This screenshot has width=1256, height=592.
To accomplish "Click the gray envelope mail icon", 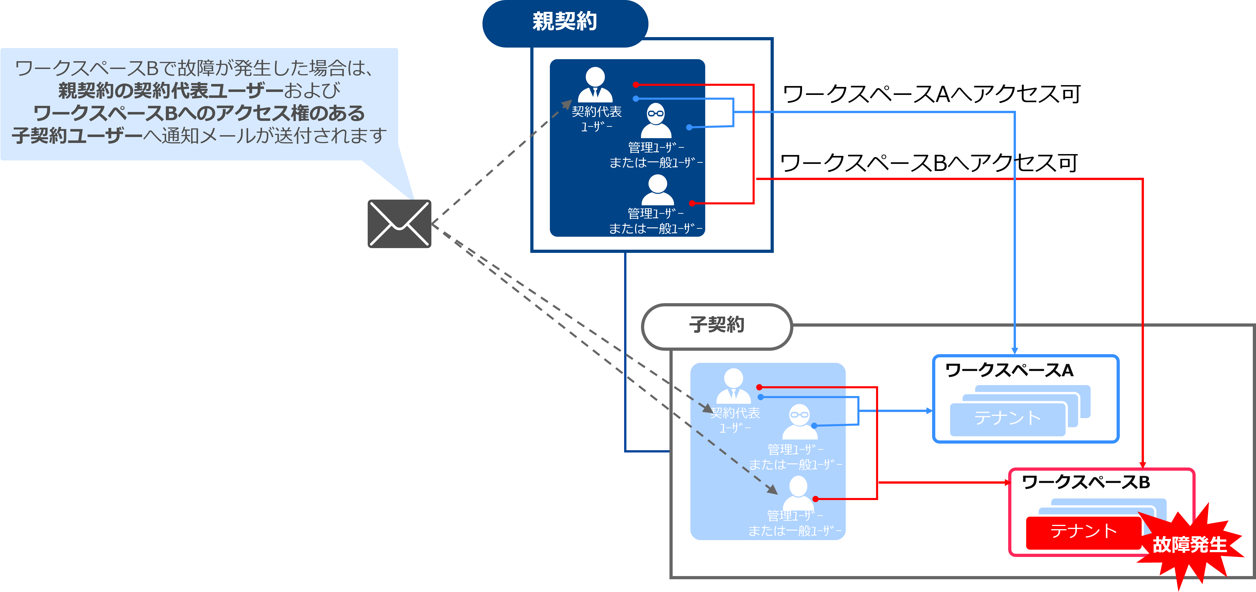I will coord(399,224).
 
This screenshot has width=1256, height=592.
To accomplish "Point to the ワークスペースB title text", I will coord(1085,482).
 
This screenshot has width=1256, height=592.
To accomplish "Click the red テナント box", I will coord(1083,532).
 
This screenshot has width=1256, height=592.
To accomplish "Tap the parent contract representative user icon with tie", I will coord(595,85).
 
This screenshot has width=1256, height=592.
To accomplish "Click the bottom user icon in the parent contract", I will coord(657,190).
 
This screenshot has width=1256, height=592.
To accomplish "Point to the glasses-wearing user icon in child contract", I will coord(800,422).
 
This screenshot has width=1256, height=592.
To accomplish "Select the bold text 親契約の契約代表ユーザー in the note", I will coord(171,91).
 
